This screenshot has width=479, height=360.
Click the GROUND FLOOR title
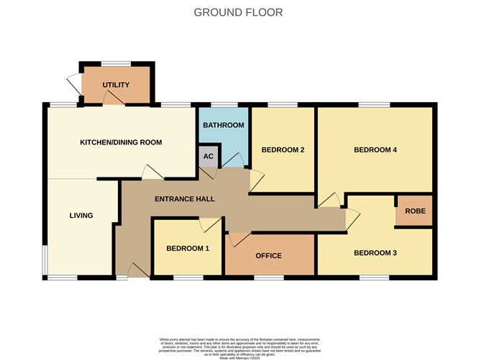pos(239,12)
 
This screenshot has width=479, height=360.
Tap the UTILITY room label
pos(116,86)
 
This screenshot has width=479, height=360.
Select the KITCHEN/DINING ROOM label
pos(121,142)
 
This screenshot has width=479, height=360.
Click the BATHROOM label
pos(223,126)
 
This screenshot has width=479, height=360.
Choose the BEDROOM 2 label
pos(283,150)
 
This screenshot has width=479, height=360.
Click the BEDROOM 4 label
pos(375,150)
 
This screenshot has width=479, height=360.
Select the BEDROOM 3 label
pos(375,253)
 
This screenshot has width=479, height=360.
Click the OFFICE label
pos(269,256)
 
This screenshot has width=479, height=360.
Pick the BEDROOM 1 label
pos(188,249)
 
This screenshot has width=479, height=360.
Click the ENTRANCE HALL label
pos(185,199)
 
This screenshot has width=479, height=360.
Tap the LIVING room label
pos(81,216)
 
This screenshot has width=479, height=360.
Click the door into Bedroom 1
pos(210,226)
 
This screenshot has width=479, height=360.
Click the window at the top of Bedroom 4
pos(375,106)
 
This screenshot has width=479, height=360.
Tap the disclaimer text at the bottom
pos(239,344)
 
